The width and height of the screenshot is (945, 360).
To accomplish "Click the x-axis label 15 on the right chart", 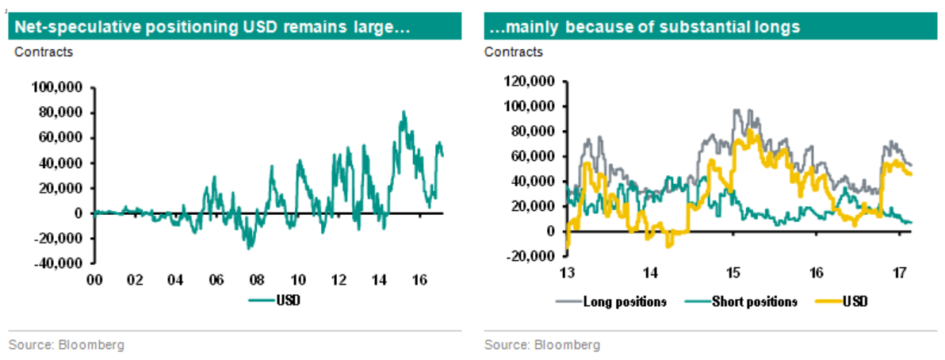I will click(732, 273).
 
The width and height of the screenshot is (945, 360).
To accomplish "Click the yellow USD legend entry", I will click(855, 301).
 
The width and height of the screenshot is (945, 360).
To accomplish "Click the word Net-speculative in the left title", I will click(65, 27).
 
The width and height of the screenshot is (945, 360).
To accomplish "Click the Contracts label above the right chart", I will click(514, 52).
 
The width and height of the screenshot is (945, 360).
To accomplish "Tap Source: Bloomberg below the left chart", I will click(67, 345).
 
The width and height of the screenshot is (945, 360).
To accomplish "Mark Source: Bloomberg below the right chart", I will click(542, 345).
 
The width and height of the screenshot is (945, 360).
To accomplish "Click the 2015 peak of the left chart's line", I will click(404, 112).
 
